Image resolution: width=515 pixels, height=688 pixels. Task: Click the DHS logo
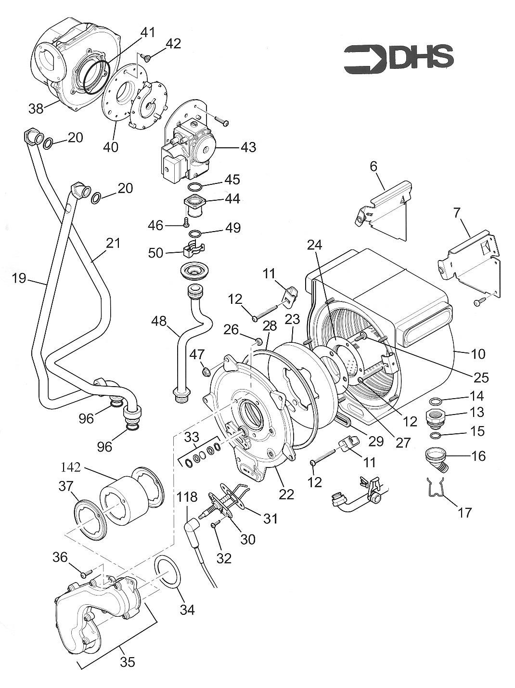[x=399, y=59]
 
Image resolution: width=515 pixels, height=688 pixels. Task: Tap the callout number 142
[x=74, y=467]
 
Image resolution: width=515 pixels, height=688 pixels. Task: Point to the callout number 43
[x=248, y=147]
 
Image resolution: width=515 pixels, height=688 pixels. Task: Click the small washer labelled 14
[x=436, y=402]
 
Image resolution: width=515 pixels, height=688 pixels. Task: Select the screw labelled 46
[x=185, y=223]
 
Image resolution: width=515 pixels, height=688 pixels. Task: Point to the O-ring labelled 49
[x=195, y=234]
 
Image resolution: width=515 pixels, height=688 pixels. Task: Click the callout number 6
[x=373, y=167]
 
